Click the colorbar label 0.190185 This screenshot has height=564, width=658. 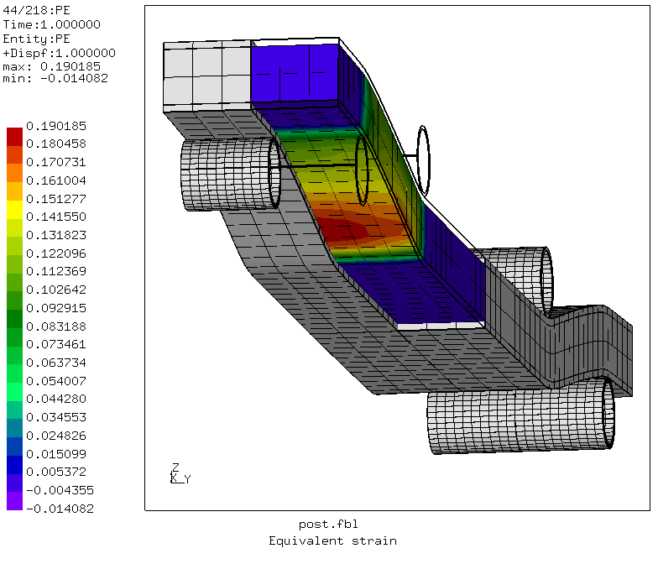[56, 126]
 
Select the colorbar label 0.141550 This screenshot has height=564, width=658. [56, 217]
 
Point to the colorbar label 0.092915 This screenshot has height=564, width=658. [56, 308]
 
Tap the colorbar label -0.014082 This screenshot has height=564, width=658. [60, 509]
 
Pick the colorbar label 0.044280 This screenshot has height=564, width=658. [56, 399]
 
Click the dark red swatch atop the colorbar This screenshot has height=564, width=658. [15, 137]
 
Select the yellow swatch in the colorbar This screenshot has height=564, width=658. [15, 210]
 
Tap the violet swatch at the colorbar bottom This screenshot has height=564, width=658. [15, 501]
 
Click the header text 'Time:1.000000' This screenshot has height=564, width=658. [52, 25]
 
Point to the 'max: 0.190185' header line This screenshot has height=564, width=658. [52, 67]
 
